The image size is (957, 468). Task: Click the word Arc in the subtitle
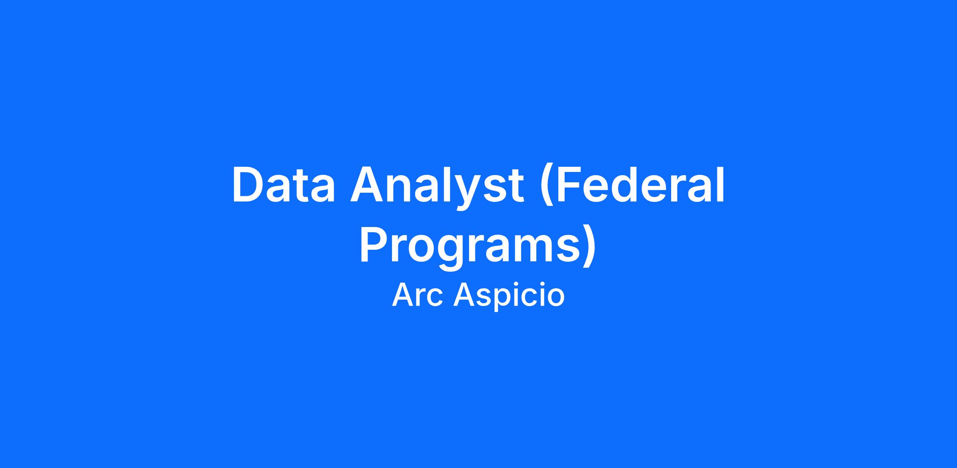click(x=417, y=295)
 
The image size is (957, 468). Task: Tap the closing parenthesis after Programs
click(x=589, y=247)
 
